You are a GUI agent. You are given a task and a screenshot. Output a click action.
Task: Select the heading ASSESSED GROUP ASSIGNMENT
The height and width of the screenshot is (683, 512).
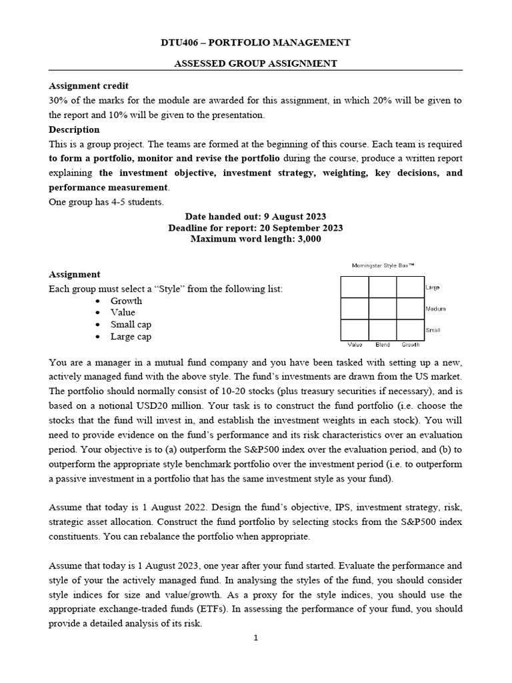255,63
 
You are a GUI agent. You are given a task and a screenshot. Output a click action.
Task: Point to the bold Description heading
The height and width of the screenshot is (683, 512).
74,129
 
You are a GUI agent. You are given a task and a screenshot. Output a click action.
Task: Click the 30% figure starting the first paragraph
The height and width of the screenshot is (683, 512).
58,101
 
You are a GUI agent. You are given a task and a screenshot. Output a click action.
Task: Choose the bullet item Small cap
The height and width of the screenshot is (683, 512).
131,324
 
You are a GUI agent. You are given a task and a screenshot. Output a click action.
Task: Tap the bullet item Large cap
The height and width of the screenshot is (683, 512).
131,336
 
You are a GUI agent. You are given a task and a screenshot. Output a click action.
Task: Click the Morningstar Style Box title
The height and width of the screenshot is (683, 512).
383,265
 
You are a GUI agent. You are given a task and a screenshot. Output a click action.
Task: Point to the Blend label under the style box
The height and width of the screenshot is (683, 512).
383,345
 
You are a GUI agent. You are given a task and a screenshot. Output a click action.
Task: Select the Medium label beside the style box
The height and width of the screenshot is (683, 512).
435,309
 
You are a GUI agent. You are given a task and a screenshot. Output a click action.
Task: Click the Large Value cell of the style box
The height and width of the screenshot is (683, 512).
355,287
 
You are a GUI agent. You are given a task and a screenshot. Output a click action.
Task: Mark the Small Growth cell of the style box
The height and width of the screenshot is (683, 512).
410,329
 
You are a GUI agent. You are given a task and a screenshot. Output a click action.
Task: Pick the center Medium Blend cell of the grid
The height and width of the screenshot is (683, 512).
383,308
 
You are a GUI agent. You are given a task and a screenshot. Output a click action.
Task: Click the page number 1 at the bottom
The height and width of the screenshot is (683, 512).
255,638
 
